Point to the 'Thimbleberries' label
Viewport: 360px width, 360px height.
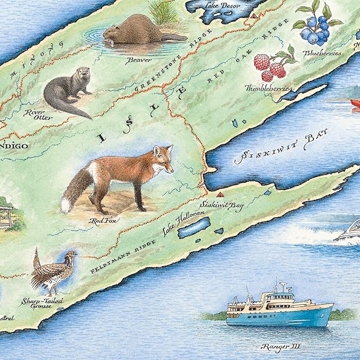click(x=268, y=88)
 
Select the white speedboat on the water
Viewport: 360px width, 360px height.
click(x=347, y=230)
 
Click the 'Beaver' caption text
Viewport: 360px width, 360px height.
click(x=138, y=60)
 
